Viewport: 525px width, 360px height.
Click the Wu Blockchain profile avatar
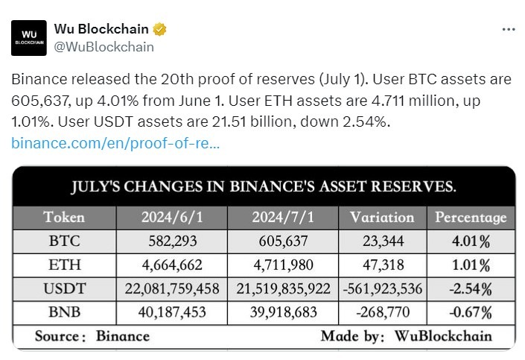[30, 38]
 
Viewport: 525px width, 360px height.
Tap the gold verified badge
[159, 30]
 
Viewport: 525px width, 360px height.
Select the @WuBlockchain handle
[104, 47]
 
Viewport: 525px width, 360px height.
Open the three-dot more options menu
[508, 30]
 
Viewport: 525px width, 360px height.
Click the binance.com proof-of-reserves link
[115, 142]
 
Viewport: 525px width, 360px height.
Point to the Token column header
[64, 218]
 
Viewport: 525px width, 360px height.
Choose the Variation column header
[381, 218]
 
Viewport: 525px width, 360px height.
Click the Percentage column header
[471, 218]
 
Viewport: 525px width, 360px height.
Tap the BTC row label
[64, 241]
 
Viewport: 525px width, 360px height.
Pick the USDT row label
[64, 288]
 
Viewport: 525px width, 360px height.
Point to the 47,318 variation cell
[381, 265]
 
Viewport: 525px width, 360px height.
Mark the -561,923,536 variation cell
[381, 288]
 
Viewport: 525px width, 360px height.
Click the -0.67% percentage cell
[471, 312]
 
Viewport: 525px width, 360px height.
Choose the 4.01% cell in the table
[471, 241]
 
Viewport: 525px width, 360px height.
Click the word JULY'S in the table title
[98, 186]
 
